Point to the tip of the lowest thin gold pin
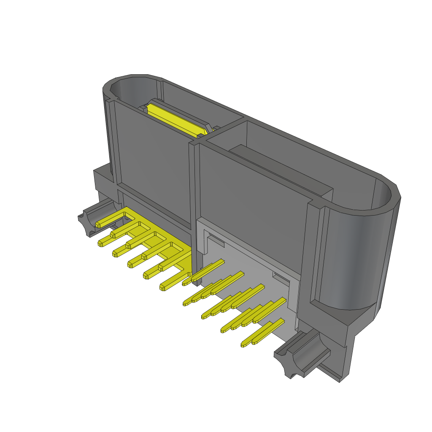pyautogui.click(x=244, y=345)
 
